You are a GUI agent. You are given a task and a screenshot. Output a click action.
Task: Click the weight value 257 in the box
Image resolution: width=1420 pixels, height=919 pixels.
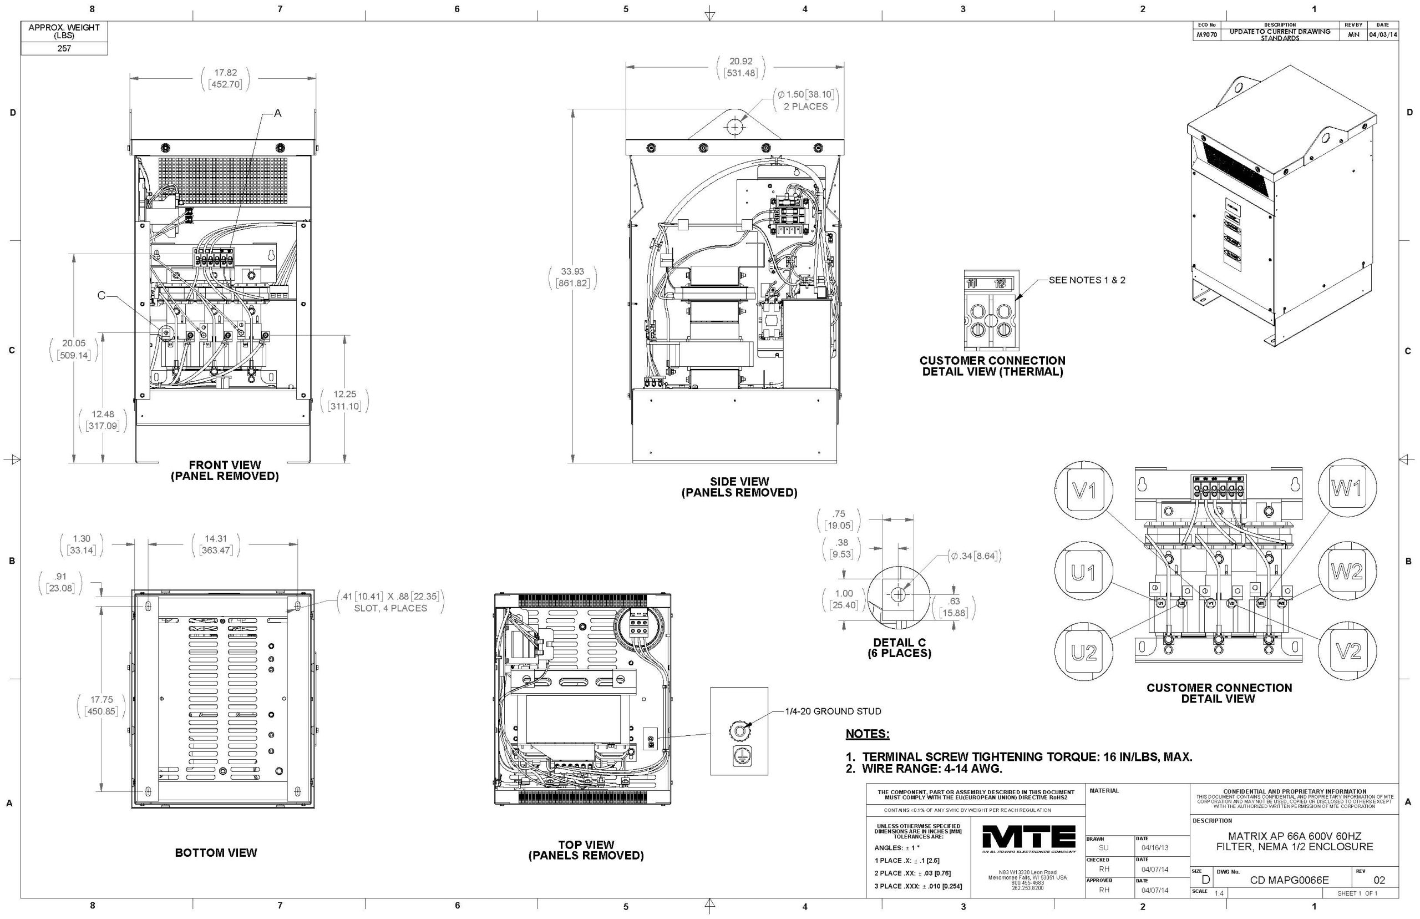click(64, 48)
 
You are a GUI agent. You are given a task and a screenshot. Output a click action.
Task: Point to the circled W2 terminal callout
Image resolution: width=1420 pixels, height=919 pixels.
click(1347, 572)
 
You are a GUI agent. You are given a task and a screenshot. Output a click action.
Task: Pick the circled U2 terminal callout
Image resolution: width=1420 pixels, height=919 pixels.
click(1084, 652)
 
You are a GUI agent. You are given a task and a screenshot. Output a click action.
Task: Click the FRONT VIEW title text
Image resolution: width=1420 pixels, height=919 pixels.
click(224, 465)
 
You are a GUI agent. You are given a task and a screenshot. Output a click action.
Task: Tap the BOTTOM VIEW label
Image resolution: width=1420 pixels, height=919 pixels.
click(216, 853)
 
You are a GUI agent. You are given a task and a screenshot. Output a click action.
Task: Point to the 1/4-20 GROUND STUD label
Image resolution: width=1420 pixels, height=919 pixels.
click(833, 711)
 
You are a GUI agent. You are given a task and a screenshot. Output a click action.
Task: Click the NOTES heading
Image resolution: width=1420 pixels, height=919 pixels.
click(867, 734)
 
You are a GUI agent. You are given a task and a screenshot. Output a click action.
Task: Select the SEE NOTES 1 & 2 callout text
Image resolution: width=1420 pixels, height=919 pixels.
click(1087, 280)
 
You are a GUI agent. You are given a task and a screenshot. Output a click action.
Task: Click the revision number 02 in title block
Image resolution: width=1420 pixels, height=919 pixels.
click(1379, 880)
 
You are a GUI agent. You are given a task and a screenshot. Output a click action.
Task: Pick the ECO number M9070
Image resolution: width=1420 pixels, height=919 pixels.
click(1206, 34)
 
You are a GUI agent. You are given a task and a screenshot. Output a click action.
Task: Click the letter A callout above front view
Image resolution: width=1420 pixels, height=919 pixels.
click(277, 113)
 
